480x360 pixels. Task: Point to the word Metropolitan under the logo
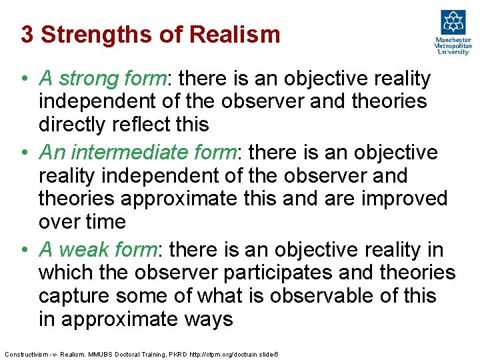tap(453, 45)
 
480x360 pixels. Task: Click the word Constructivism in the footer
tap(25, 353)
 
